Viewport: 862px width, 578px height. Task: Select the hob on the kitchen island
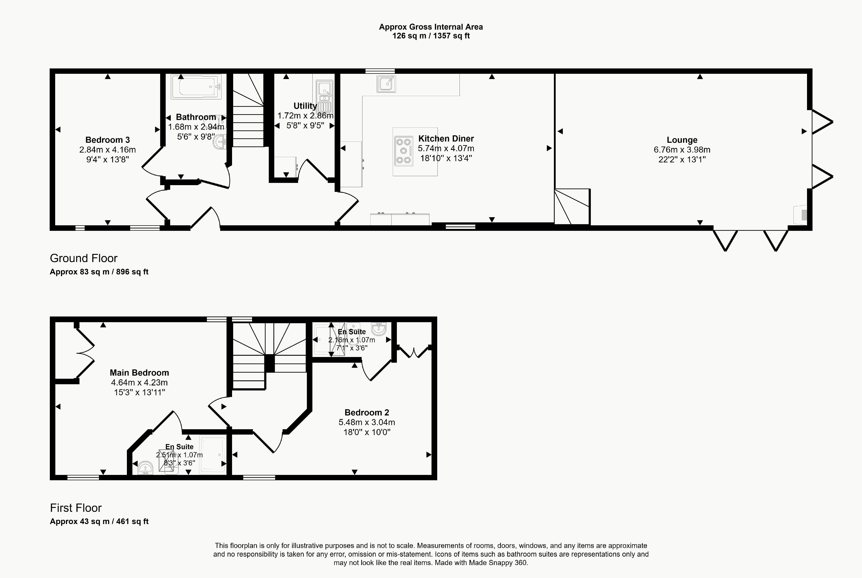[403, 150]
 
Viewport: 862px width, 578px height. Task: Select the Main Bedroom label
[139, 373]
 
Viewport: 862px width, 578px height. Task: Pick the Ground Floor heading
[84, 258]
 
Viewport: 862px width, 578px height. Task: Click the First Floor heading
[76, 508]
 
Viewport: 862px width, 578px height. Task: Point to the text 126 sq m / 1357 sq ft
[431, 36]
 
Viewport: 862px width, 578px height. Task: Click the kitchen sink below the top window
[386, 84]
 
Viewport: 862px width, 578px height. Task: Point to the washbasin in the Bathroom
[220, 142]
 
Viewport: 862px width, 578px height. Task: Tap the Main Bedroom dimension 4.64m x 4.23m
[139, 383]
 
